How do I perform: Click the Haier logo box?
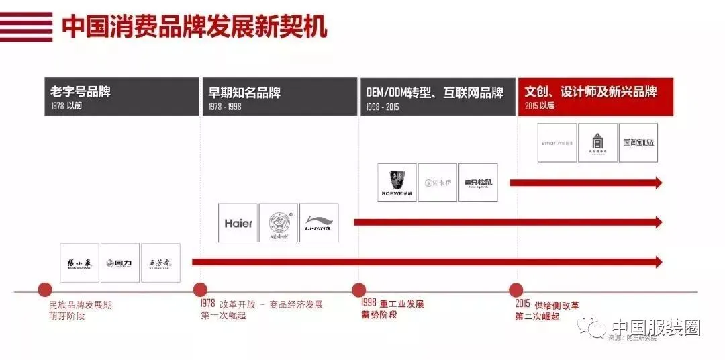click(238, 223)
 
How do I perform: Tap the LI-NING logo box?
click(319, 223)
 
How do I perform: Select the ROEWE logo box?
click(397, 183)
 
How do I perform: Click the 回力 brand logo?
click(120, 263)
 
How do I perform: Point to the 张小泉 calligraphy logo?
click(80, 263)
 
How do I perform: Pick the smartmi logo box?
click(557, 142)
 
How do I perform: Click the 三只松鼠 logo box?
click(478, 183)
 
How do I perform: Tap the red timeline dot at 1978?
click(200, 290)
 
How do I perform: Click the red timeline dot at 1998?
click(358, 290)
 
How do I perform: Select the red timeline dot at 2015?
click(516, 290)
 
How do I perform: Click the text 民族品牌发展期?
click(81, 304)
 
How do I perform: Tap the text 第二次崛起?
click(537, 316)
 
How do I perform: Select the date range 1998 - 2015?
click(383, 107)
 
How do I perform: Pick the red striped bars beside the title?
click(26, 26)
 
